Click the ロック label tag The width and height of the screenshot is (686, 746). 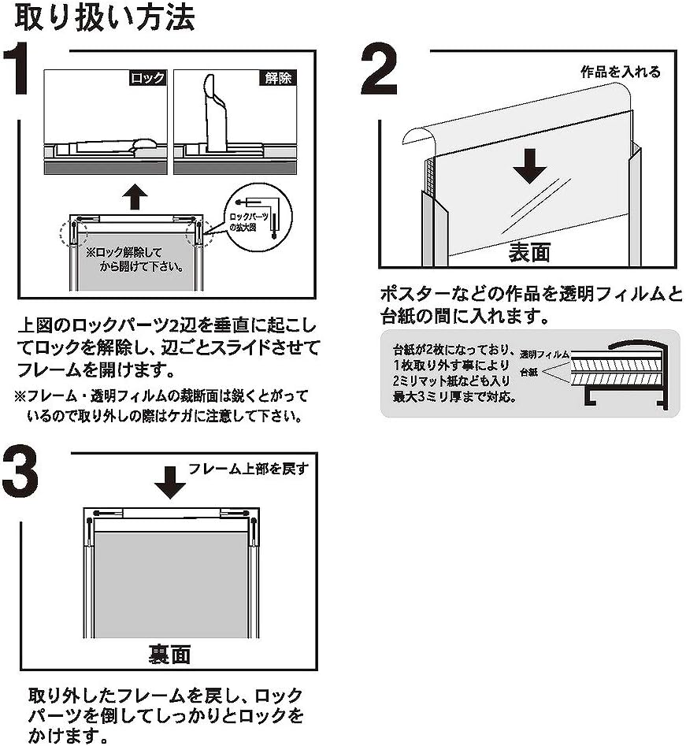click(146, 78)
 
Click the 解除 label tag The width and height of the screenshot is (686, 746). click(275, 78)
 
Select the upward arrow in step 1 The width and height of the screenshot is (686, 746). click(135, 196)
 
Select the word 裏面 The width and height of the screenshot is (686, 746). click(169, 654)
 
